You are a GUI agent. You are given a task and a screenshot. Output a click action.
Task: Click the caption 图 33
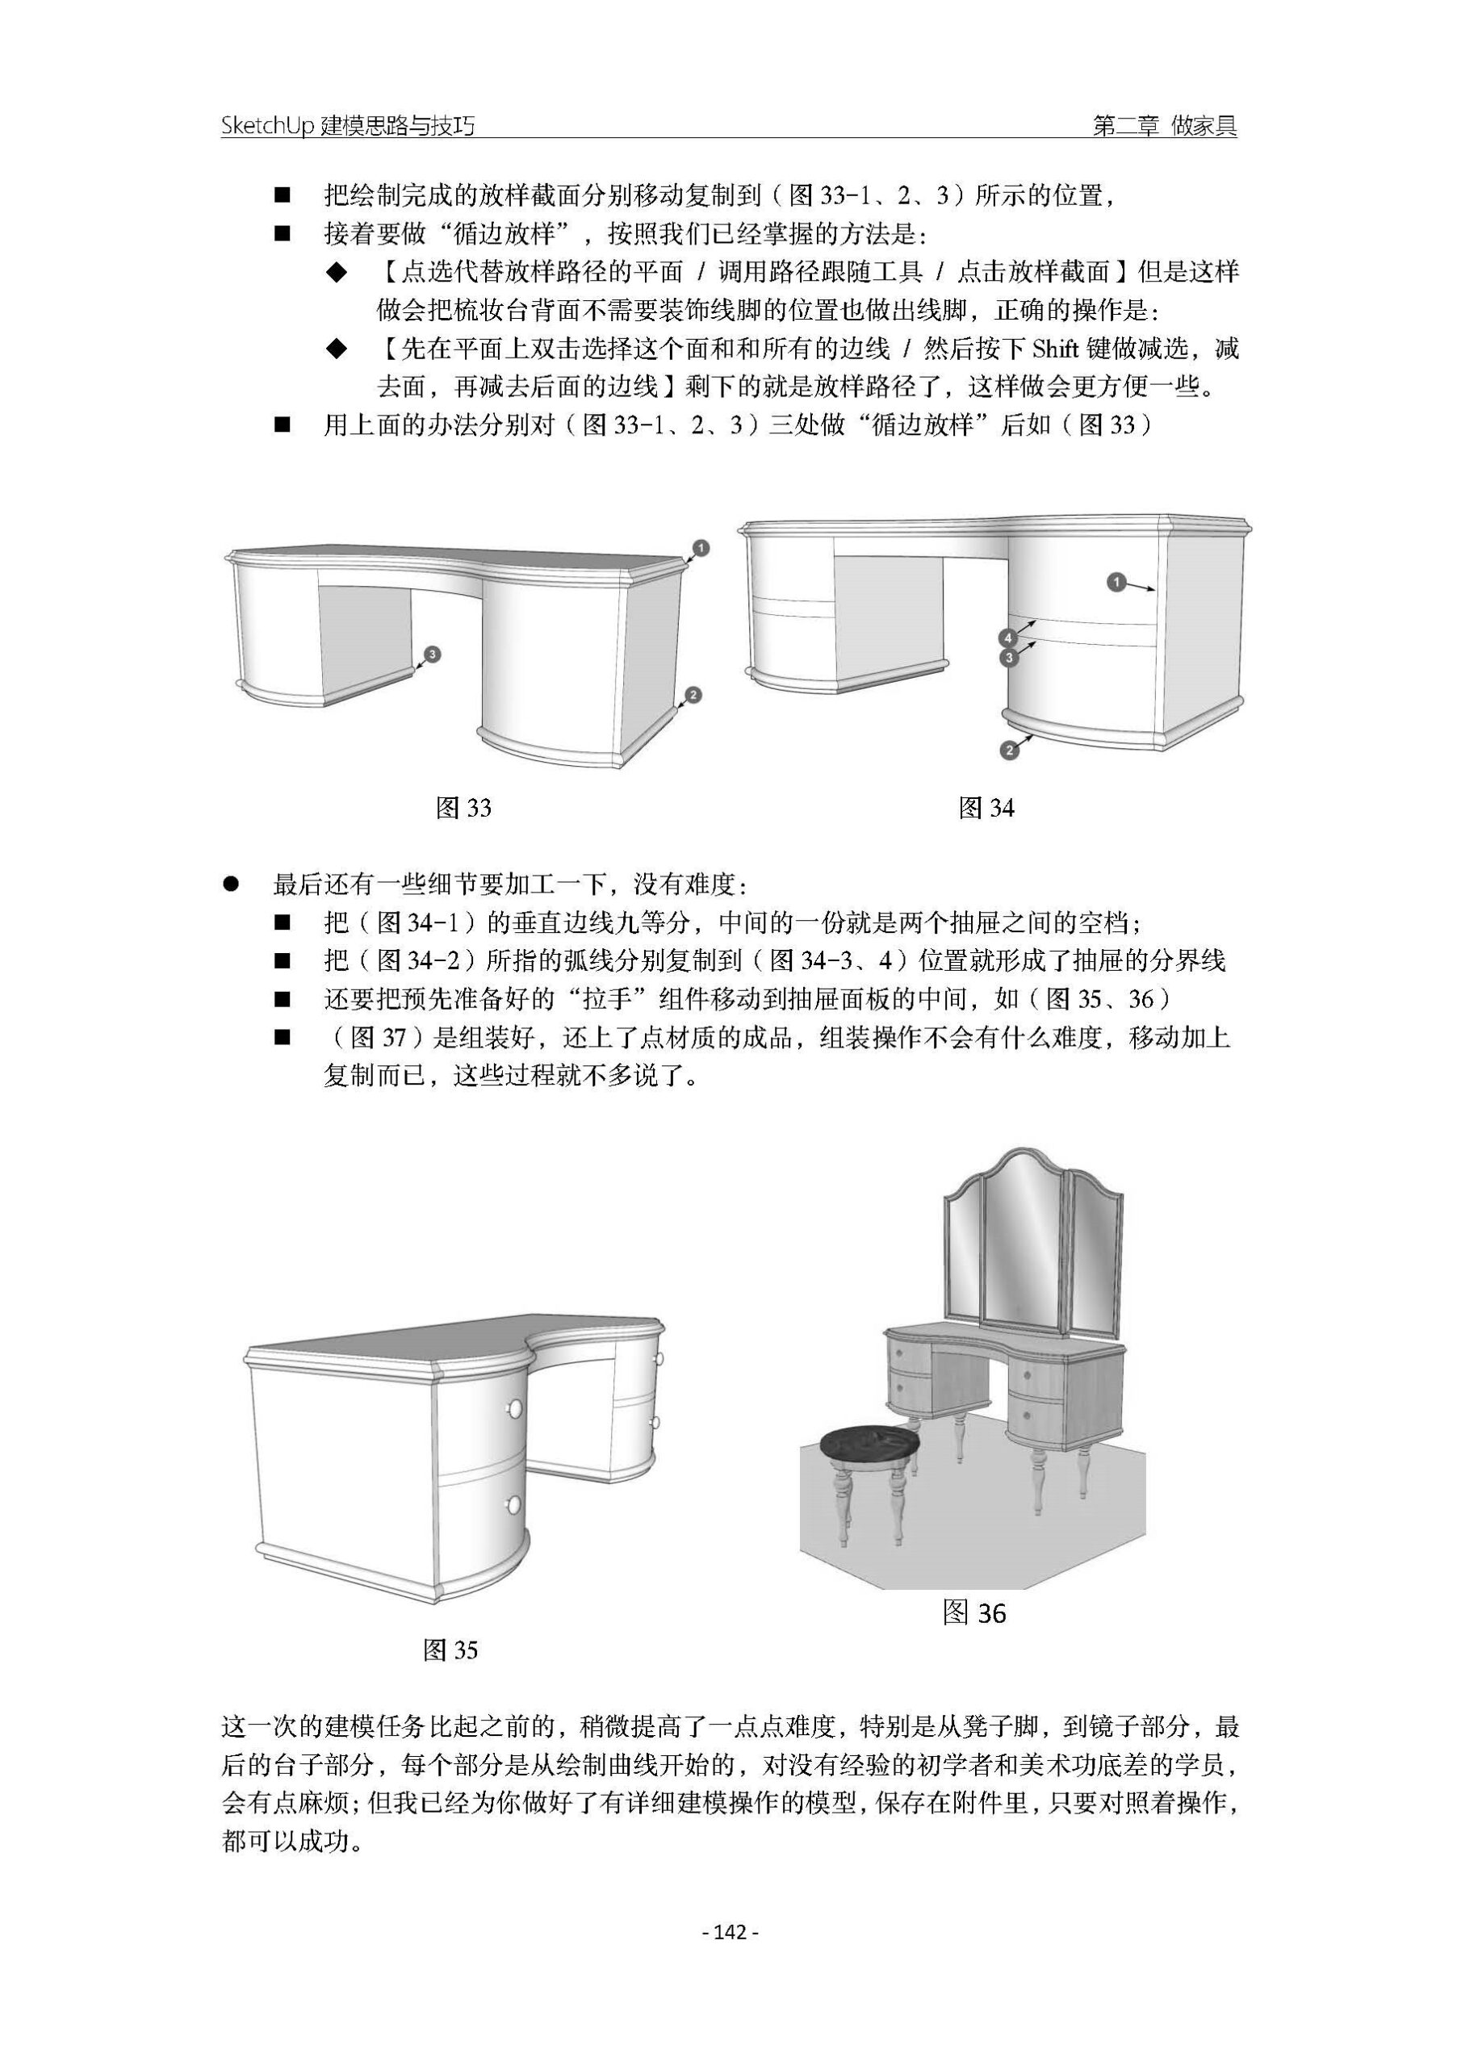463,808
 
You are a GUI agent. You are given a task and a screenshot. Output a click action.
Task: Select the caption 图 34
986,808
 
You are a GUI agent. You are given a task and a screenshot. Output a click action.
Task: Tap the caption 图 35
450,1650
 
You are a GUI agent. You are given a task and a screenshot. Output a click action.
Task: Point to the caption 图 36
974,1613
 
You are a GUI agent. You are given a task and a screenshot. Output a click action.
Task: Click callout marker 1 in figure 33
702,548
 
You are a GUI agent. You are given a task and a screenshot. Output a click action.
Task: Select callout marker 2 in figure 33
693,695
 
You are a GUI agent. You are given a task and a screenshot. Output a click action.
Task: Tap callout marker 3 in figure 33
432,655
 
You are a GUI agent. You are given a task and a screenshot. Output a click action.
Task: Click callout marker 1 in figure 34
1116,583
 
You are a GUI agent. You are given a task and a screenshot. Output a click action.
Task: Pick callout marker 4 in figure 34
1009,638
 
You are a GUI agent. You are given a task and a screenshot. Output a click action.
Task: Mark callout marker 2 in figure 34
1009,750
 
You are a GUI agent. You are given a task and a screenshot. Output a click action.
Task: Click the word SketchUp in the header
267,127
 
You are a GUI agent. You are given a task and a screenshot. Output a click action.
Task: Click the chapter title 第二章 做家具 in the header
1164,127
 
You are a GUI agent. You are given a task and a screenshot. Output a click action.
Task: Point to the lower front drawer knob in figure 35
514,1503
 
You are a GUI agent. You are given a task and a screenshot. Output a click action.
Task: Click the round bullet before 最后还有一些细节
230,885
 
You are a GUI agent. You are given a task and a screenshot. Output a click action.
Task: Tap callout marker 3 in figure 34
1009,658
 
